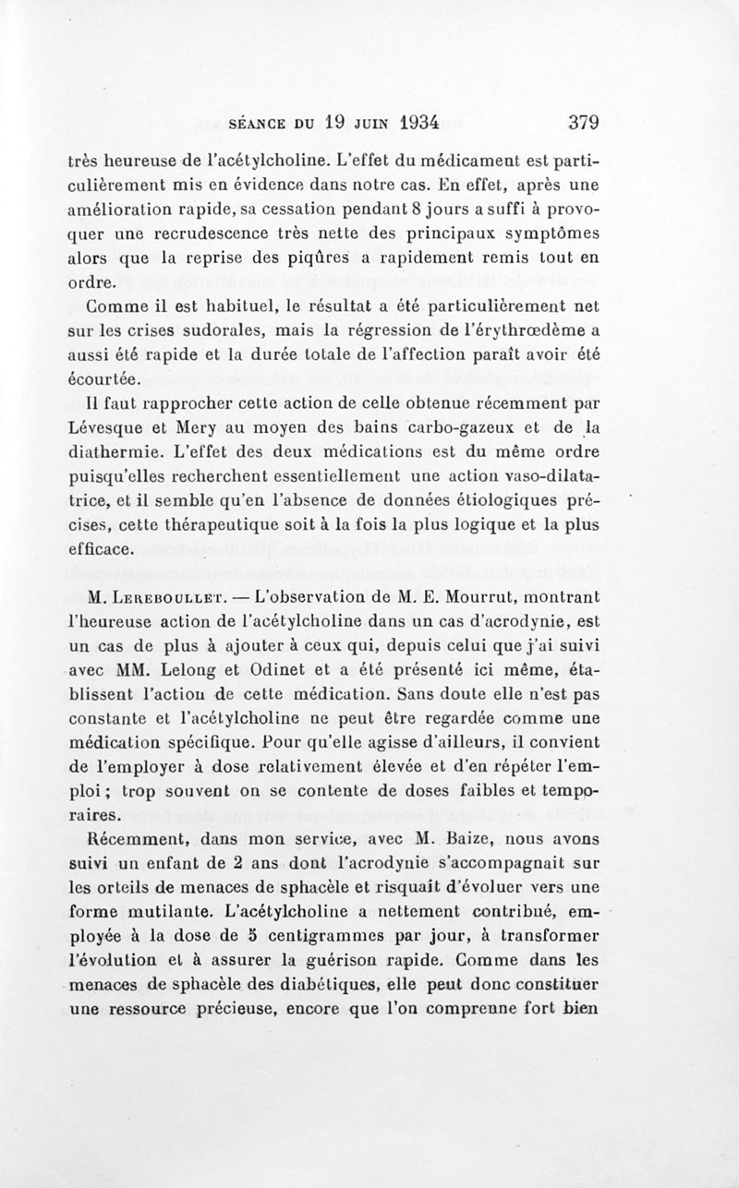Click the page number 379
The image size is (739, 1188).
coord(584,122)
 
